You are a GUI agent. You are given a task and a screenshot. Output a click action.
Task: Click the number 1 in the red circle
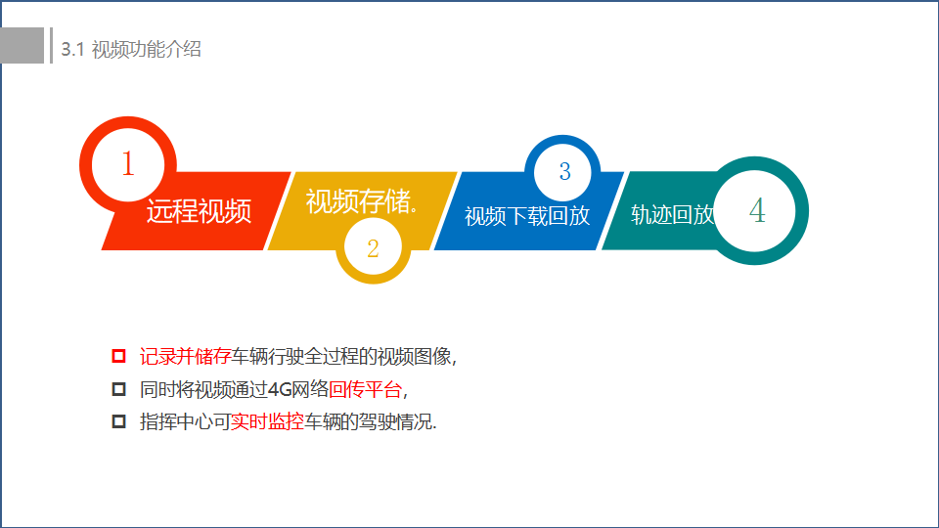[127, 163]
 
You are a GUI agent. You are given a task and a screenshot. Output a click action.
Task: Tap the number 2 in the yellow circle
[373, 248]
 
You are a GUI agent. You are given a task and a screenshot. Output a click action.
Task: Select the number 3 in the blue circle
[564, 172]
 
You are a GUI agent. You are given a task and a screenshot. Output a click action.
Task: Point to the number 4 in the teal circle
[757, 211]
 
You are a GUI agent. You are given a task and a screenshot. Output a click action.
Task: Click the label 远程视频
[199, 211]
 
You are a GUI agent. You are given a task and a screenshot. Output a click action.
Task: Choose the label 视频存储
[358, 201]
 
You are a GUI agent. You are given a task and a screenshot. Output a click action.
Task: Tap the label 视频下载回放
[527, 216]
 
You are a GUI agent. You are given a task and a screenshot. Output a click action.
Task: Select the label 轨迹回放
[673, 215]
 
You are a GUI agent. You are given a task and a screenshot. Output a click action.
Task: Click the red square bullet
[118, 356]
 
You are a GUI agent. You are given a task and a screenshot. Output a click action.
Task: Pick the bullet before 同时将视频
[118, 389]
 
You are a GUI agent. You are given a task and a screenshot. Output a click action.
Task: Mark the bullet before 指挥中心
[118, 421]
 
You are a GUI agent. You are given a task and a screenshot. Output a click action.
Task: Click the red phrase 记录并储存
[186, 357]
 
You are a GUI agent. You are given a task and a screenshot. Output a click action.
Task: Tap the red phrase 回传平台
[365, 390]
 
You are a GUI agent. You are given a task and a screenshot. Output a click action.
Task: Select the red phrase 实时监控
[268, 422]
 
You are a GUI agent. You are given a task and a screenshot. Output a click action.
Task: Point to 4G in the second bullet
[280, 390]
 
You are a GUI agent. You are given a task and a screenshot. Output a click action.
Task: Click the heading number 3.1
[72, 50]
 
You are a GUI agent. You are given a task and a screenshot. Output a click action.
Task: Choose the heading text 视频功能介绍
[146, 49]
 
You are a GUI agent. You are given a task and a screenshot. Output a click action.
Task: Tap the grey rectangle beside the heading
[22, 46]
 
